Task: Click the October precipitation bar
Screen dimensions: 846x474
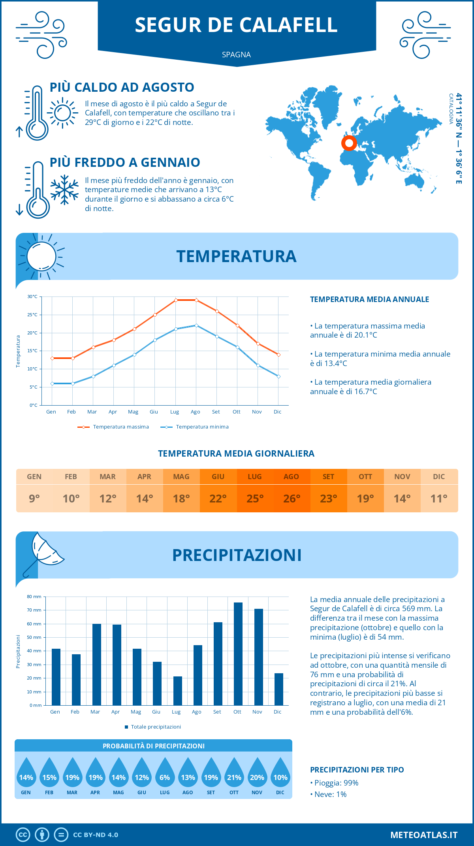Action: pyautogui.click(x=238, y=654)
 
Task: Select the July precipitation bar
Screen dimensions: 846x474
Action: pyautogui.click(x=177, y=691)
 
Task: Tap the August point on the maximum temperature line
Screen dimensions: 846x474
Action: pyautogui.click(x=196, y=300)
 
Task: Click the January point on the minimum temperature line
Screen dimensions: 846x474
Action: pyautogui.click(x=52, y=383)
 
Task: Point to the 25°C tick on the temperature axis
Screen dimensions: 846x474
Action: pyautogui.click(x=32, y=315)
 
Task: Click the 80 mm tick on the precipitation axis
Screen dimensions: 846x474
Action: pyautogui.click(x=34, y=597)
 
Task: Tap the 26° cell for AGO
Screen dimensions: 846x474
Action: pyautogui.click(x=292, y=499)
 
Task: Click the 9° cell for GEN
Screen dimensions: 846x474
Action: pyautogui.click(x=34, y=499)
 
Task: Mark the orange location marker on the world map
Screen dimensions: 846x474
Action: pyautogui.click(x=349, y=143)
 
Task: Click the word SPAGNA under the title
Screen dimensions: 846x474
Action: pyautogui.click(x=236, y=55)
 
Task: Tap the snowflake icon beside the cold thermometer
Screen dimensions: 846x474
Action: pyautogui.click(x=64, y=190)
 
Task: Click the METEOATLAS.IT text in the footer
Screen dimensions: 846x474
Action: pyautogui.click(x=424, y=835)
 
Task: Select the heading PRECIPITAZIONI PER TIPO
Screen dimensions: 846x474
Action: pyautogui.click(x=357, y=770)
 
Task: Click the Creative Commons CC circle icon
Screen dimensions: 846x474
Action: pyautogui.click(x=23, y=835)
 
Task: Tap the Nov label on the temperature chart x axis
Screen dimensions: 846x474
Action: pyautogui.click(x=257, y=412)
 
